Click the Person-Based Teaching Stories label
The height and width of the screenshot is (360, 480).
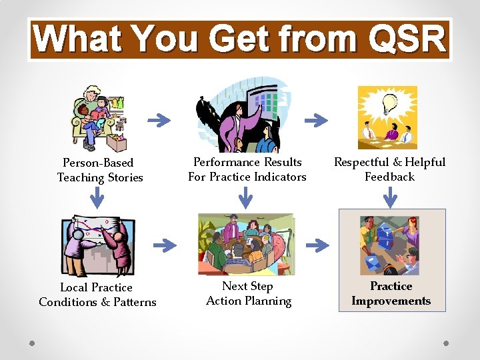[99, 170]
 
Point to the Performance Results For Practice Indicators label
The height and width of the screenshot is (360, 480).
[247, 169]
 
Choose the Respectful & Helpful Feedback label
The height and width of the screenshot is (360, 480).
[390, 169]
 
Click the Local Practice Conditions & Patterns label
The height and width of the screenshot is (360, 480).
[97, 295]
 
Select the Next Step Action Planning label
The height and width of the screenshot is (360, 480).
[248, 293]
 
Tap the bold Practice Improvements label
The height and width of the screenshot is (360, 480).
[391, 293]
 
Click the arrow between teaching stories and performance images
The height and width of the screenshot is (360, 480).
[159, 120]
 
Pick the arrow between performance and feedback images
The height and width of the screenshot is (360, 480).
[317, 121]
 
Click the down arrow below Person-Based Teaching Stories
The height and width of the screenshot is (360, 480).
[98, 197]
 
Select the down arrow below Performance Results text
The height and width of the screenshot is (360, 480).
[246, 197]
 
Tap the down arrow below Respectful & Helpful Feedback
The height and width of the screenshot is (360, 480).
[391, 197]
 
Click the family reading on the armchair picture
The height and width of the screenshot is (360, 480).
[99, 119]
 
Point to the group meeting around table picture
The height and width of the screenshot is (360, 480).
[246, 244]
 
